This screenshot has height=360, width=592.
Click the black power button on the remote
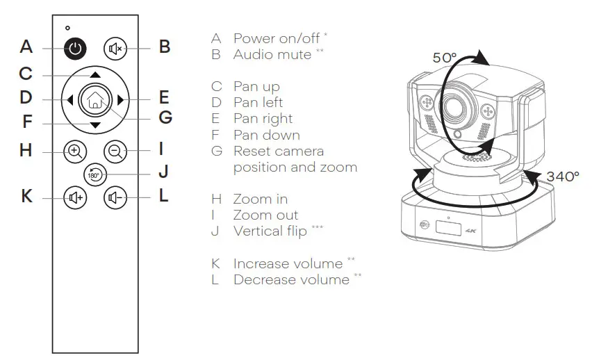76,48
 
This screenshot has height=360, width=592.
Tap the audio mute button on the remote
115,48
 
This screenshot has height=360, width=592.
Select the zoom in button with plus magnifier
76,149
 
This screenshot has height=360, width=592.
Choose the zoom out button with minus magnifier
115,149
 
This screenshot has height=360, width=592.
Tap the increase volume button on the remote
76,197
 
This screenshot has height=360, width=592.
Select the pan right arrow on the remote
120,99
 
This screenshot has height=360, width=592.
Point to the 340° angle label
562,177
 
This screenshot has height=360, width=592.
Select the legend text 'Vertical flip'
270,231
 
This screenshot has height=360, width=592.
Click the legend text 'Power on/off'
272,38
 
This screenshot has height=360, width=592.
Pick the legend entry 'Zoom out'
265,215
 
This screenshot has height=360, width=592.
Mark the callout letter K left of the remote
26,197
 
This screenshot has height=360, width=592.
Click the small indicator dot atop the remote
67,27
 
